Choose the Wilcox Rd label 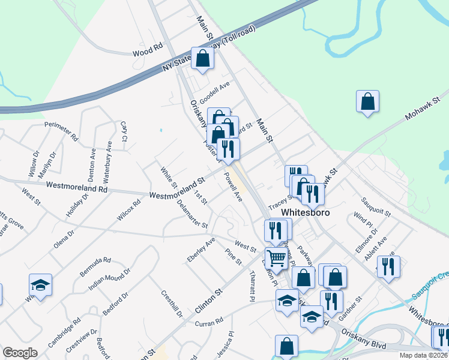pyautogui.click(x=129, y=211)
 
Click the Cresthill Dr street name pyautogui.click(x=172, y=305)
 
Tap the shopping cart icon pyautogui.click(x=276, y=259)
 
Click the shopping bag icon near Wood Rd pyautogui.click(x=203, y=58)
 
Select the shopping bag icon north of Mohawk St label pyautogui.click(x=367, y=101)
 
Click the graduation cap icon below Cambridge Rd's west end pyautogui.click(x=40, y=284)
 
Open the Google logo pyautogui.click(x=20, y=353)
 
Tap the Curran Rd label pyautogui.click(x=208, y=322)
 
